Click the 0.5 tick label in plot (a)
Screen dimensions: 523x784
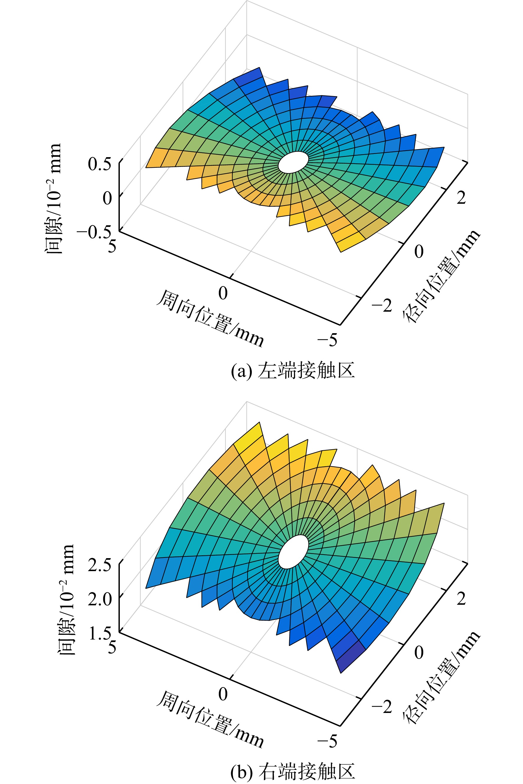[x=99, y=164]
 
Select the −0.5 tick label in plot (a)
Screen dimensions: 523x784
[x=94, y=232]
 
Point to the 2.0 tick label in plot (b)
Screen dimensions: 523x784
[x=99, y=599]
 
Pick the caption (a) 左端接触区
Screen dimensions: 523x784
[x=292, y=371]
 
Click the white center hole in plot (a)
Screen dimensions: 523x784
[x=293, y=162]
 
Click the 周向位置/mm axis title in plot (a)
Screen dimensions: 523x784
[x=210, y=318]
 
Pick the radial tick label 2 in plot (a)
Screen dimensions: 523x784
[x=461, y=198]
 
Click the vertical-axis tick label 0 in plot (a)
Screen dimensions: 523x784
[x=107, y=198]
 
